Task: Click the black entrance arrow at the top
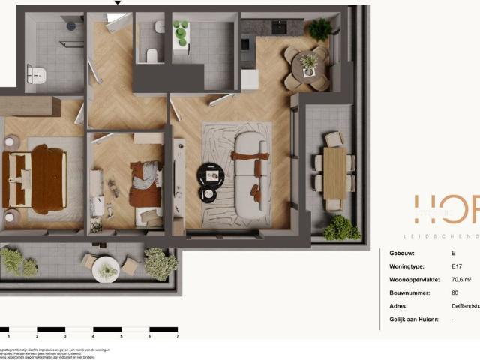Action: tap(116, 3)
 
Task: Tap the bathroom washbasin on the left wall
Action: tap(36, 74)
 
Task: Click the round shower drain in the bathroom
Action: tap(70, 25)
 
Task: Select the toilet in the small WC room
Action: tap(151, 55)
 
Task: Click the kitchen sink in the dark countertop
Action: tap(278, 27)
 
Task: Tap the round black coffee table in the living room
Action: tap(210, 175)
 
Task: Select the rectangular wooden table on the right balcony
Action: tap(335, 172)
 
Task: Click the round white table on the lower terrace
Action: tap(107, 268)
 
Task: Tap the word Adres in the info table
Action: tap(399, 306)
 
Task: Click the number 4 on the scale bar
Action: tap(93, 337)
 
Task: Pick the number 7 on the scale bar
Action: tap(177, 337)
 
